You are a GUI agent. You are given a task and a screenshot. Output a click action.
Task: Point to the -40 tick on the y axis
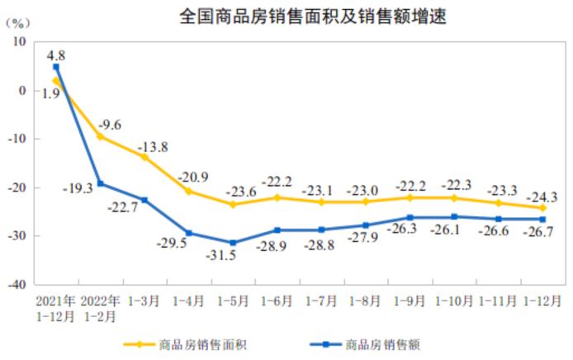point(17,283)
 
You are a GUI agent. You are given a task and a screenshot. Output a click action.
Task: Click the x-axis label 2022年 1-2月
point(101,307)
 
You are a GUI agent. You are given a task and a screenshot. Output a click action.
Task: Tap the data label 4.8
point(56,55)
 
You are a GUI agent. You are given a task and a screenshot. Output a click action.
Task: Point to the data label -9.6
point(110,125)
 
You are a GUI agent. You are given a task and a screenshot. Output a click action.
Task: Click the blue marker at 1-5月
point(234,243)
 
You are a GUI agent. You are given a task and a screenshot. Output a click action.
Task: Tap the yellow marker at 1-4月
point(189,192)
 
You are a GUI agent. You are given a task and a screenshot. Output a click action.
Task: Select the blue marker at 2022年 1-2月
point(101,183)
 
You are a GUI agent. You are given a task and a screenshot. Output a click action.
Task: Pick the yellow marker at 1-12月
point(542,208)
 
